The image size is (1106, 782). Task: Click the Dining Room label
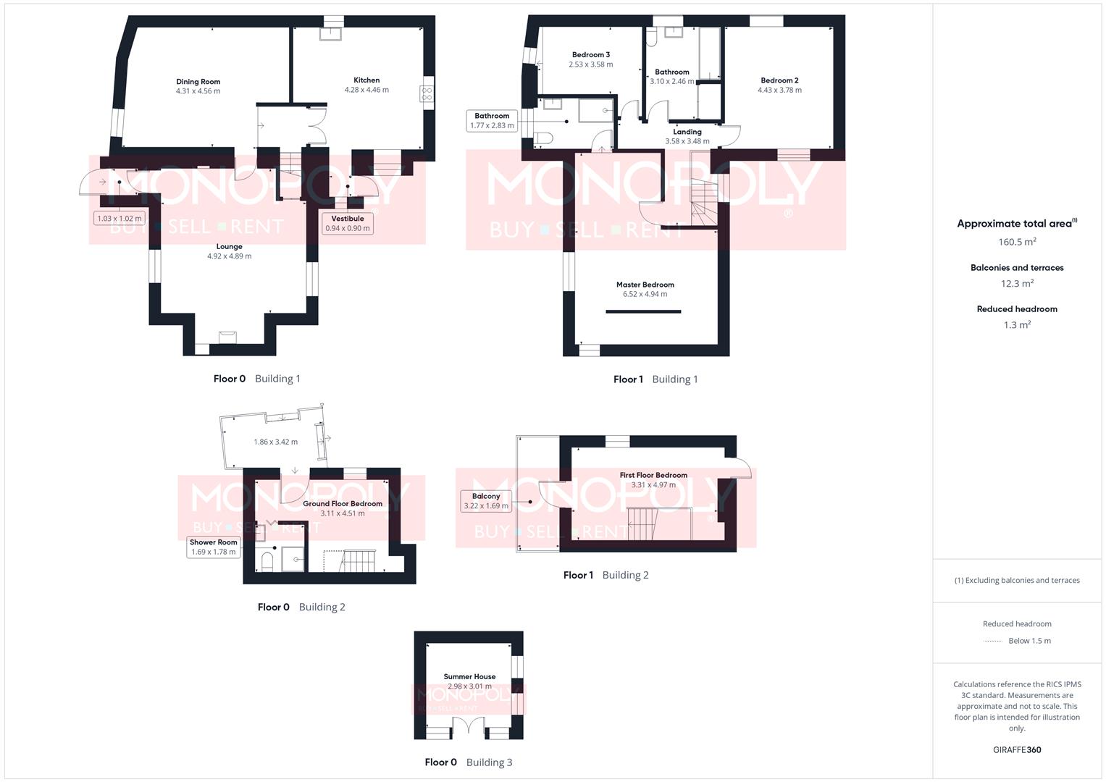tap(198, 82)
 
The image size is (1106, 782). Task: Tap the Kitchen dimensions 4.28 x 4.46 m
tap(366, 90)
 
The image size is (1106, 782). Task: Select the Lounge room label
tap(229, 246)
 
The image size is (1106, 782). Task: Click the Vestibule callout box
tap(348, 223)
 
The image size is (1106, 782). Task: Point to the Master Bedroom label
tap(645, 285)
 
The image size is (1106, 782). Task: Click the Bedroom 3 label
tap(590, 54)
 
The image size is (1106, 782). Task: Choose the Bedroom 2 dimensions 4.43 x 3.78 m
tap(779, 90)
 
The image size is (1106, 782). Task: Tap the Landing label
tap(687, 132)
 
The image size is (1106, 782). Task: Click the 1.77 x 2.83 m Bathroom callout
tap(492, 121)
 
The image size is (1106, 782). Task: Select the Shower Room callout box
tap(213, 547)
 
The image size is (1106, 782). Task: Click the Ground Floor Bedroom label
tap(342, 503)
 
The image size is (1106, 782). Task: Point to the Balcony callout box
tap(486, 501)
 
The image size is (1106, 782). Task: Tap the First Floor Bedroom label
tap(653, 475)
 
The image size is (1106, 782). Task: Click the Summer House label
tap(469, 676)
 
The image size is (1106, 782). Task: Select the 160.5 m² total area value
tap(1017, 242)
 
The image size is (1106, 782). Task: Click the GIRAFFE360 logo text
tap(1017, 750)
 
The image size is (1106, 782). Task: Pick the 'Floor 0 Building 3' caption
tap(468, 762)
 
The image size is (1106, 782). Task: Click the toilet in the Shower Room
tap(266, 561)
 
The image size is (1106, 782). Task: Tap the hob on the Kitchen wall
tap(427, 93)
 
